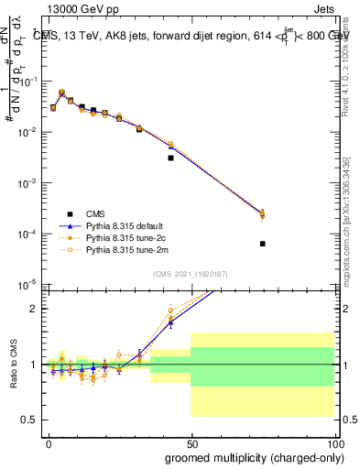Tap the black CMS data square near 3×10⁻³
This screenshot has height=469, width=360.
pyautogui.click(x=170, y=158)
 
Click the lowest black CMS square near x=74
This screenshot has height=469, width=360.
pyautogui.click(x=263, y=244)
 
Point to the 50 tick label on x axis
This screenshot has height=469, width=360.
pyautogui.click(x=191, y=443)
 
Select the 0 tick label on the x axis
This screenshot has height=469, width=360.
pyautogui.click(x=49, y=443)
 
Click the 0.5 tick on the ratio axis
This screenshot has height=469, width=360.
pyautogui.click(x=30, y=420)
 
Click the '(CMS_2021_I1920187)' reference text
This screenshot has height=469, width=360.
pyautogui.click(x=190, y=274)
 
